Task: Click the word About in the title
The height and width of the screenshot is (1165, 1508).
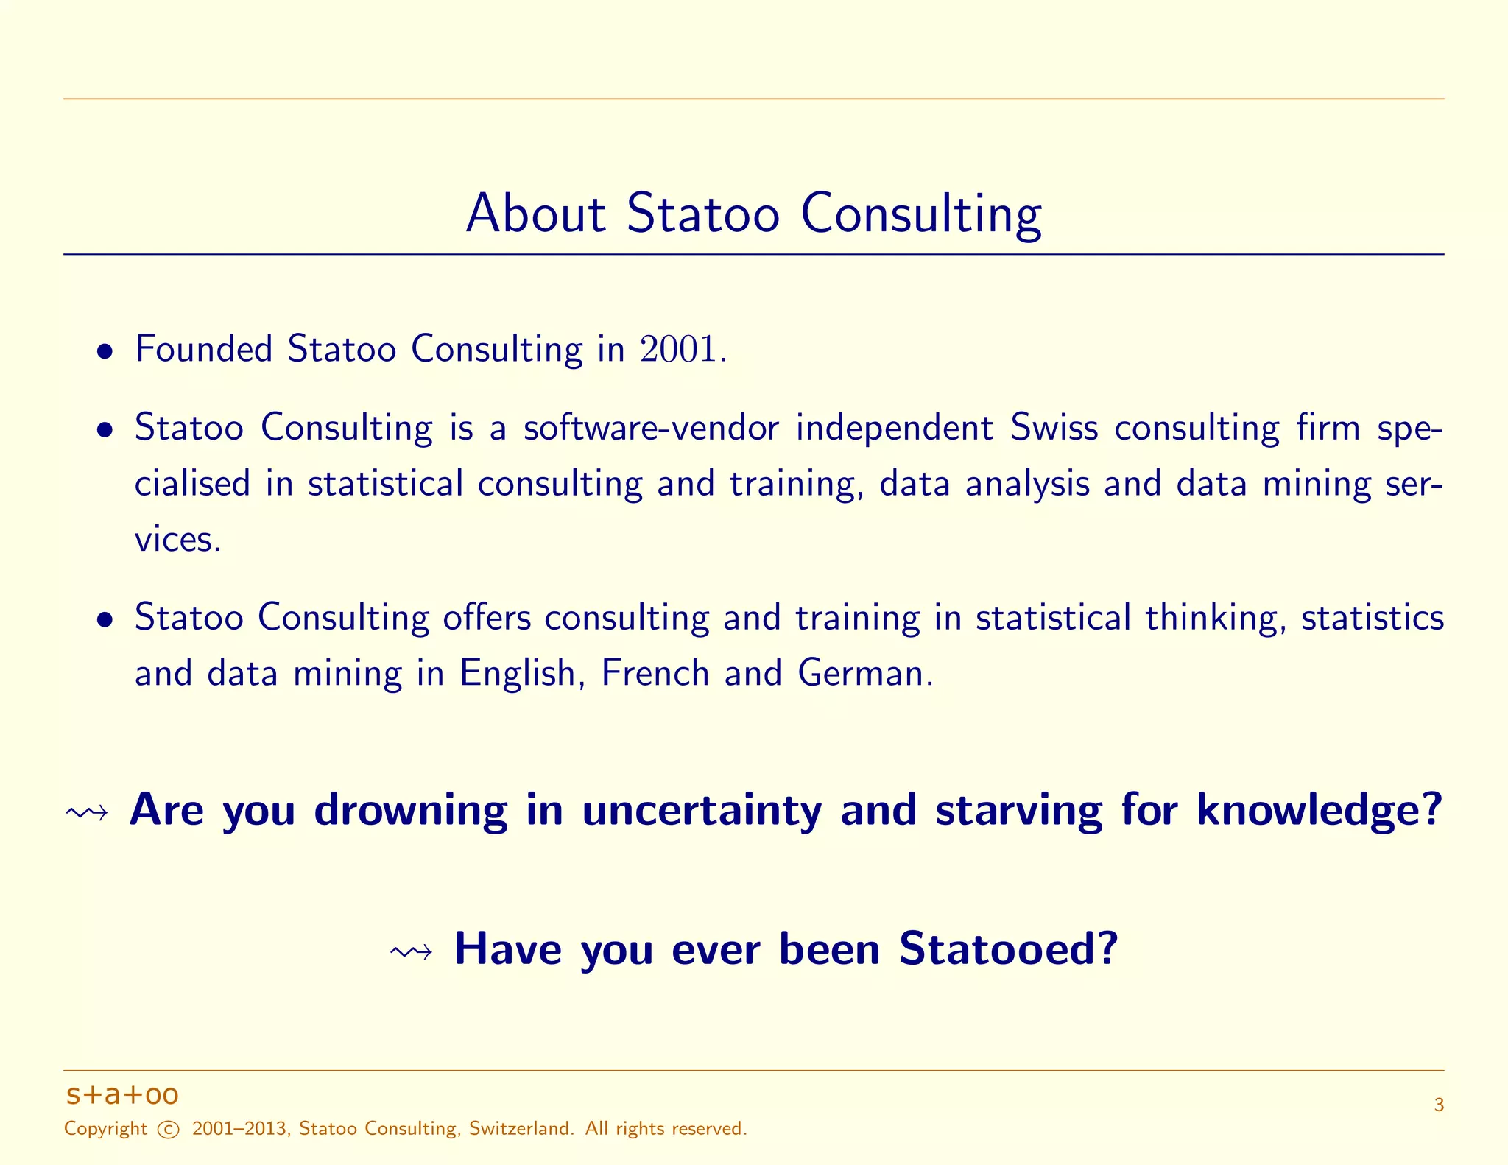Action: tap(535, 214)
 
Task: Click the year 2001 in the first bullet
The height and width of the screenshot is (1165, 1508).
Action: tap(677, 349)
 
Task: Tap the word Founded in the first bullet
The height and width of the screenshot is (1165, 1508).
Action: tap(203, 349)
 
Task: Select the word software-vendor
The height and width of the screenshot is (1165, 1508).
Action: tap(651, 428)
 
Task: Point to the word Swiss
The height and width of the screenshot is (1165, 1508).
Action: tap(1054, 428)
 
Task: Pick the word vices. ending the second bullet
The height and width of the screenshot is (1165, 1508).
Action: tap(177, 540)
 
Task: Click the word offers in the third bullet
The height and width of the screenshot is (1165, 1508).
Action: tap(487, 617)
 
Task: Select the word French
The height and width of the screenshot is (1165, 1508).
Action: tap(655, 673)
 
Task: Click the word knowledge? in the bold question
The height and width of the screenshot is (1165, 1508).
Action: tap(1319, 811)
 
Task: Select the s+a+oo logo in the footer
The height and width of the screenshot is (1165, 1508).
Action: tap(122, 1095)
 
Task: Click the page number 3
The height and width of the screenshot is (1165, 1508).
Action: tap(1439, 1105)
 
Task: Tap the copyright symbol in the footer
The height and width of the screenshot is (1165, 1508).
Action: tap(169, 1130)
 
